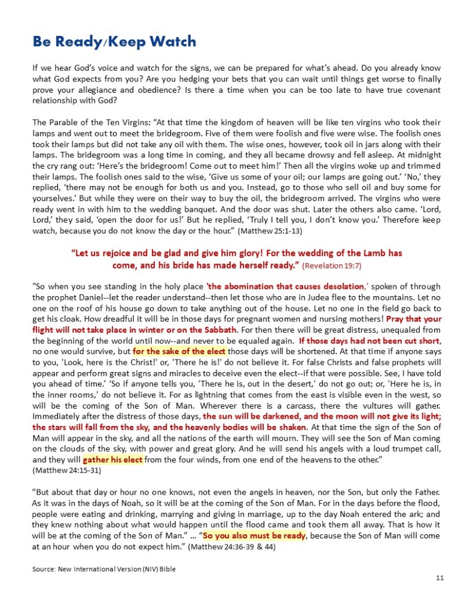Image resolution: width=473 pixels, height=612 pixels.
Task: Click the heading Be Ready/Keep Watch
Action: [114, 42]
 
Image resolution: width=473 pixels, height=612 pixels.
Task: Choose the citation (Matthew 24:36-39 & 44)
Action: [231, 546]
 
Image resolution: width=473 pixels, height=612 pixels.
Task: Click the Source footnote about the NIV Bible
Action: [108, 568]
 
